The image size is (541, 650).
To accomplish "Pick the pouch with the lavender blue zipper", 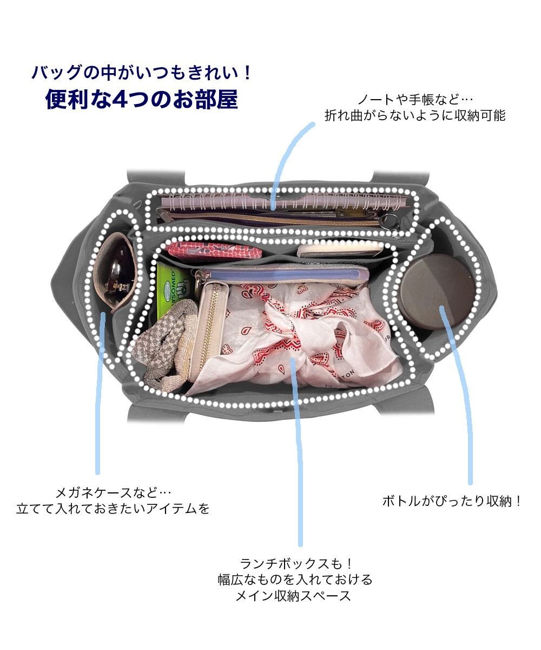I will (x=281, y=274).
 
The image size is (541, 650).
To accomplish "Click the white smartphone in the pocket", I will (x=341, y=249).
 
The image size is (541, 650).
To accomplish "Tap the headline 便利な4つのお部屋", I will (x=142, y=100).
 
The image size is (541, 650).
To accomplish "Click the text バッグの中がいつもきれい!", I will (x=142, y=71).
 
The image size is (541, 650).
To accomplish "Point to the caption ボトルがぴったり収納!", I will (x=452, y=501).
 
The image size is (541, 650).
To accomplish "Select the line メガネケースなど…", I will (x=114, y=493).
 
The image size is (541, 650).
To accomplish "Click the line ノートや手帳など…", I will (x=415, y=100).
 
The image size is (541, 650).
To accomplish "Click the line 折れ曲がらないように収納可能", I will (x=415, y=115).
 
